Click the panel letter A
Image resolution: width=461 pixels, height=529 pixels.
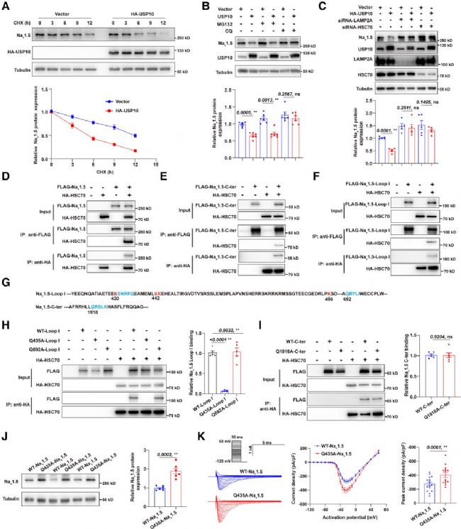(5, 6)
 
